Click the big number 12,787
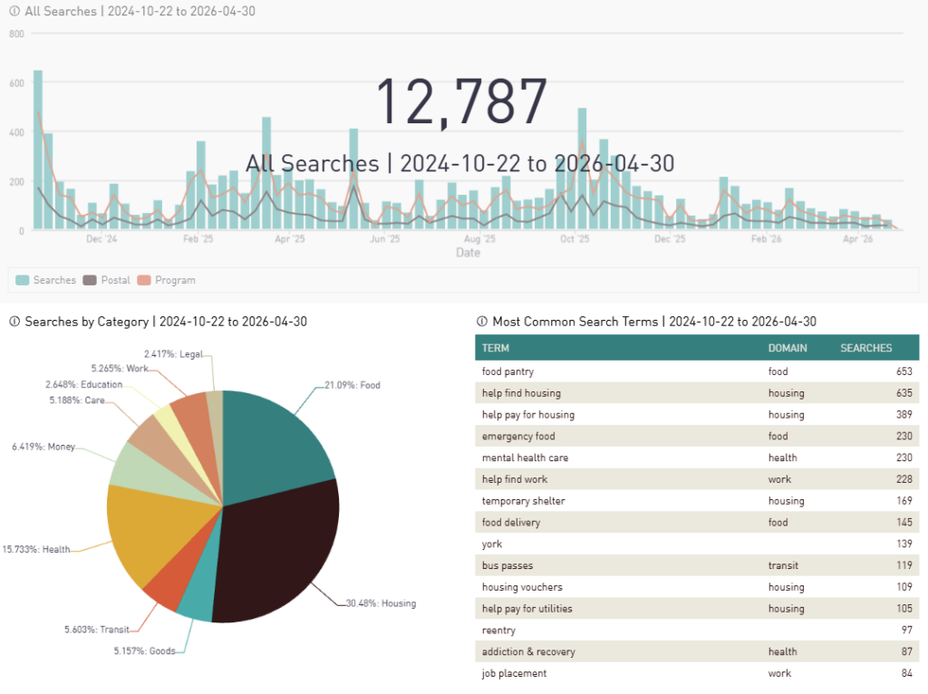coord(461,101)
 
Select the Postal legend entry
coord(109,280)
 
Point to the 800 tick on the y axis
coord(15,34)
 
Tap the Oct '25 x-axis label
coord(575,240)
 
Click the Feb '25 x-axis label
coord(198,240)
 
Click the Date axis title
coord(468,253)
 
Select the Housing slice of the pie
coord(281,553)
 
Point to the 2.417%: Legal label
coord(173,353)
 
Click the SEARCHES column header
coord(865,348)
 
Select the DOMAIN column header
coord(788,348)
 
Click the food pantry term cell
coord(507,371)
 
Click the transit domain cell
coord(785,565)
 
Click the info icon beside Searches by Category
coord(14,322)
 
